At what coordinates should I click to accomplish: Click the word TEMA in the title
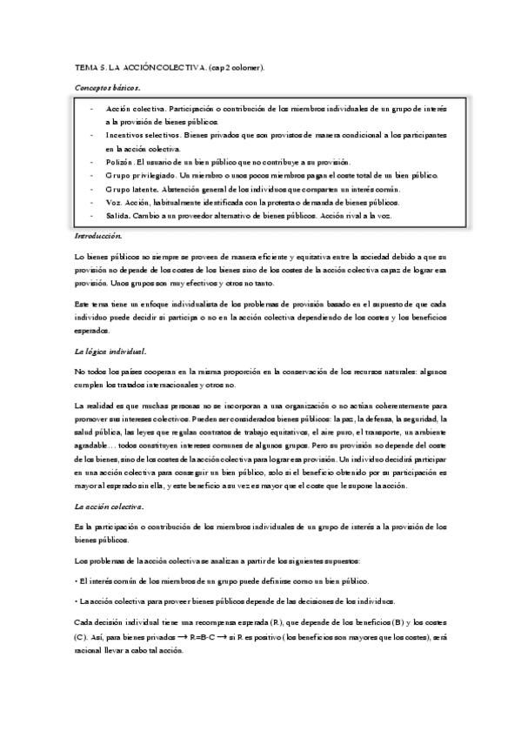86,66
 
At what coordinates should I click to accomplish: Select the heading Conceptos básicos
107,88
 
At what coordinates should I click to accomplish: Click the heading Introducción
98,235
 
